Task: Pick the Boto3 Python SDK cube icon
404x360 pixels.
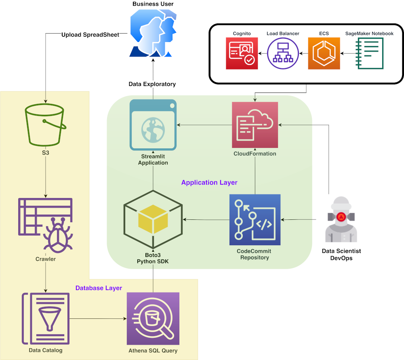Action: pyautogui.click(x=153, y=221)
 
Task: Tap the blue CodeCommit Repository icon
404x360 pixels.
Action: pyautogui.click(x=255, y=220)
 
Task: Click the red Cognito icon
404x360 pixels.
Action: pyautogui.click(x=241, y=53)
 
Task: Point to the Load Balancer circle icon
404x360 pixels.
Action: pyautogui.click(x=283, y=53)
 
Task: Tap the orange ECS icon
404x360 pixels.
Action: pyautogui.click(x=324, y=53)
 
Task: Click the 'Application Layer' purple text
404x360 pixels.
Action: pyautogui.click(x=209, y=183)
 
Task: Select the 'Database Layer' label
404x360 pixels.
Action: pyautogui.click(x=99, y=288)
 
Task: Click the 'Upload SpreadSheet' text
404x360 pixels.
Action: pyautogui.click(x=90, y=35)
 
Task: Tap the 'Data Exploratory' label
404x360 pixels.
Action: pyautogui.click(x=152, y=84)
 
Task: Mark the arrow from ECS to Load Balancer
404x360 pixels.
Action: pyautogui.click(x=303, y=53)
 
